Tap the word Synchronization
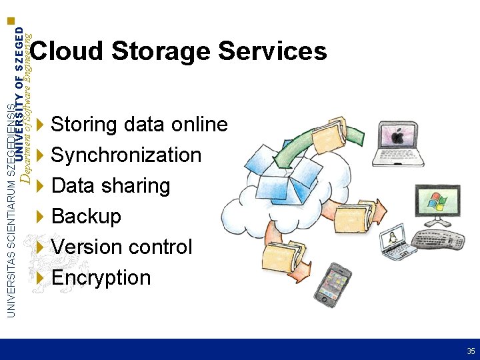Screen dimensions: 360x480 (126, 155)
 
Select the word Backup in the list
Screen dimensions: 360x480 (86, 217)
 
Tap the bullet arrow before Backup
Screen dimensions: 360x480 (41, 217)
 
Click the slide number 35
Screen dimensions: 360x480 (471, 351)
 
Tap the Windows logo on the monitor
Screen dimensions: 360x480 (436, 201)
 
